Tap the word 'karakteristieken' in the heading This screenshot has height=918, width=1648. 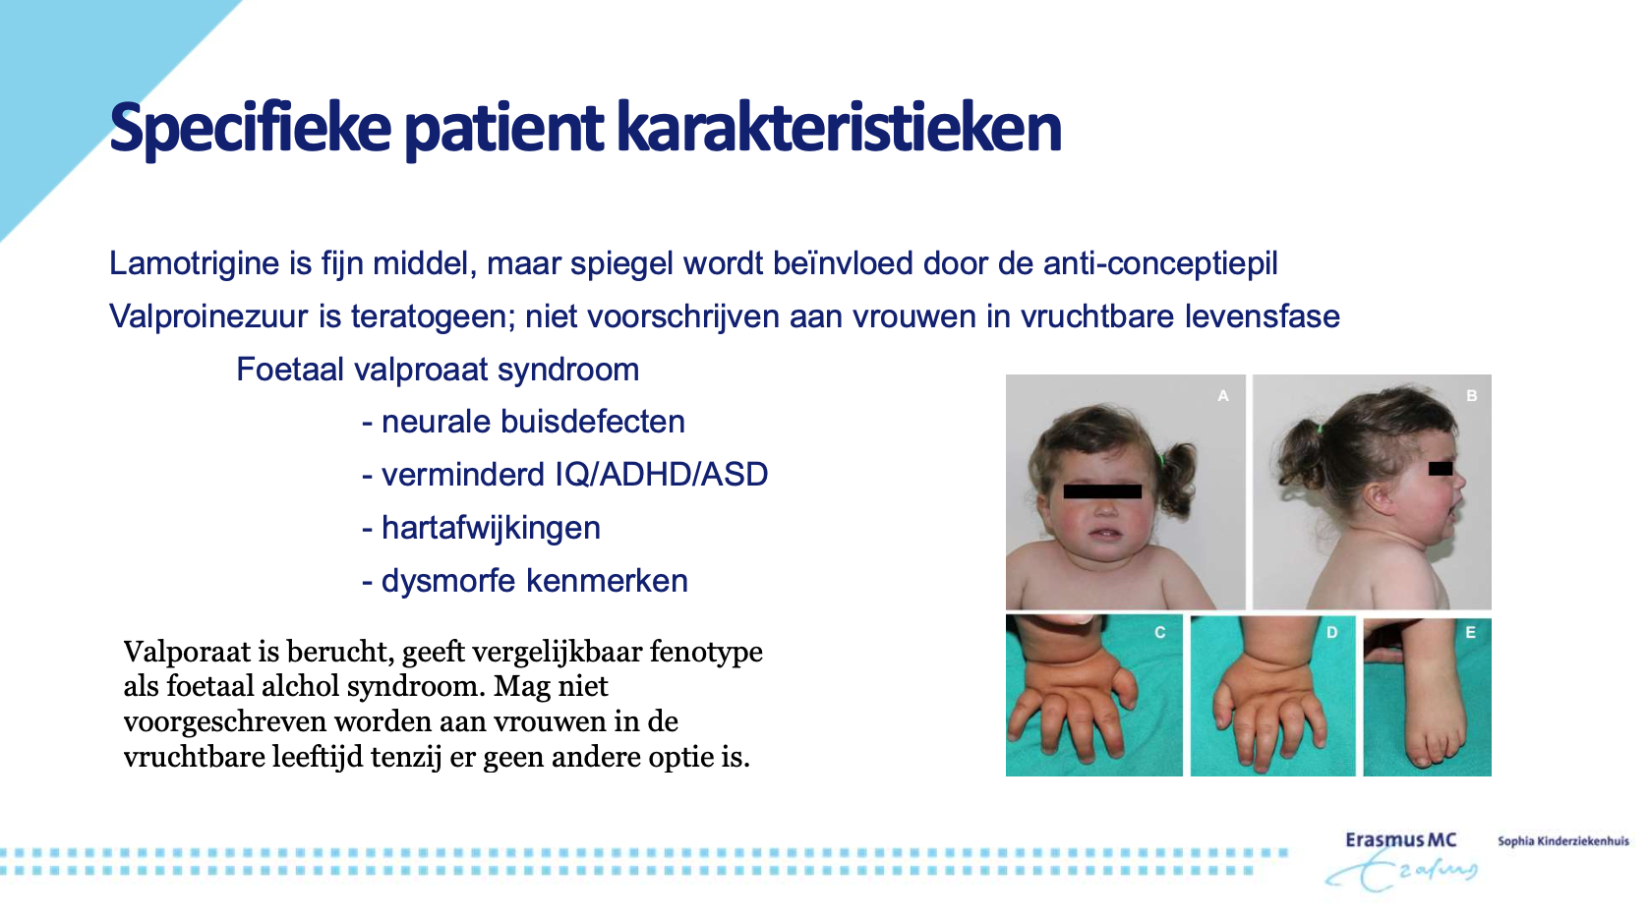pos(839,127)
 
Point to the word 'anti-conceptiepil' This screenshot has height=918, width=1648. pos(1160,264)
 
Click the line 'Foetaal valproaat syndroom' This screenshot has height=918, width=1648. pos(438,370)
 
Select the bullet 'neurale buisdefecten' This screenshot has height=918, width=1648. pos(524,423)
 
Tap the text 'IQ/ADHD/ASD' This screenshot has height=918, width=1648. pos(662,475)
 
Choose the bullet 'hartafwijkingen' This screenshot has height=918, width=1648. pos(482,529)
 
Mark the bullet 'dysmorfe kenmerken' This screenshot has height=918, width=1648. pos(525,581)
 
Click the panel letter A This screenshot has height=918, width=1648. pos(1223,396)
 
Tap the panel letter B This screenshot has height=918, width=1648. pos(1471,396)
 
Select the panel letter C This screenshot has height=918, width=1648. pos(1159,633)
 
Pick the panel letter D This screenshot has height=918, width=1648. pos(1331,633)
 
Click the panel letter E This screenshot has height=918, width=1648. pos(1470,633)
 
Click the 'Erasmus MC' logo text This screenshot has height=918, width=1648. pos(1401,840)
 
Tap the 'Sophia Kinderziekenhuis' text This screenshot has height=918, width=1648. pos(1563,840)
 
